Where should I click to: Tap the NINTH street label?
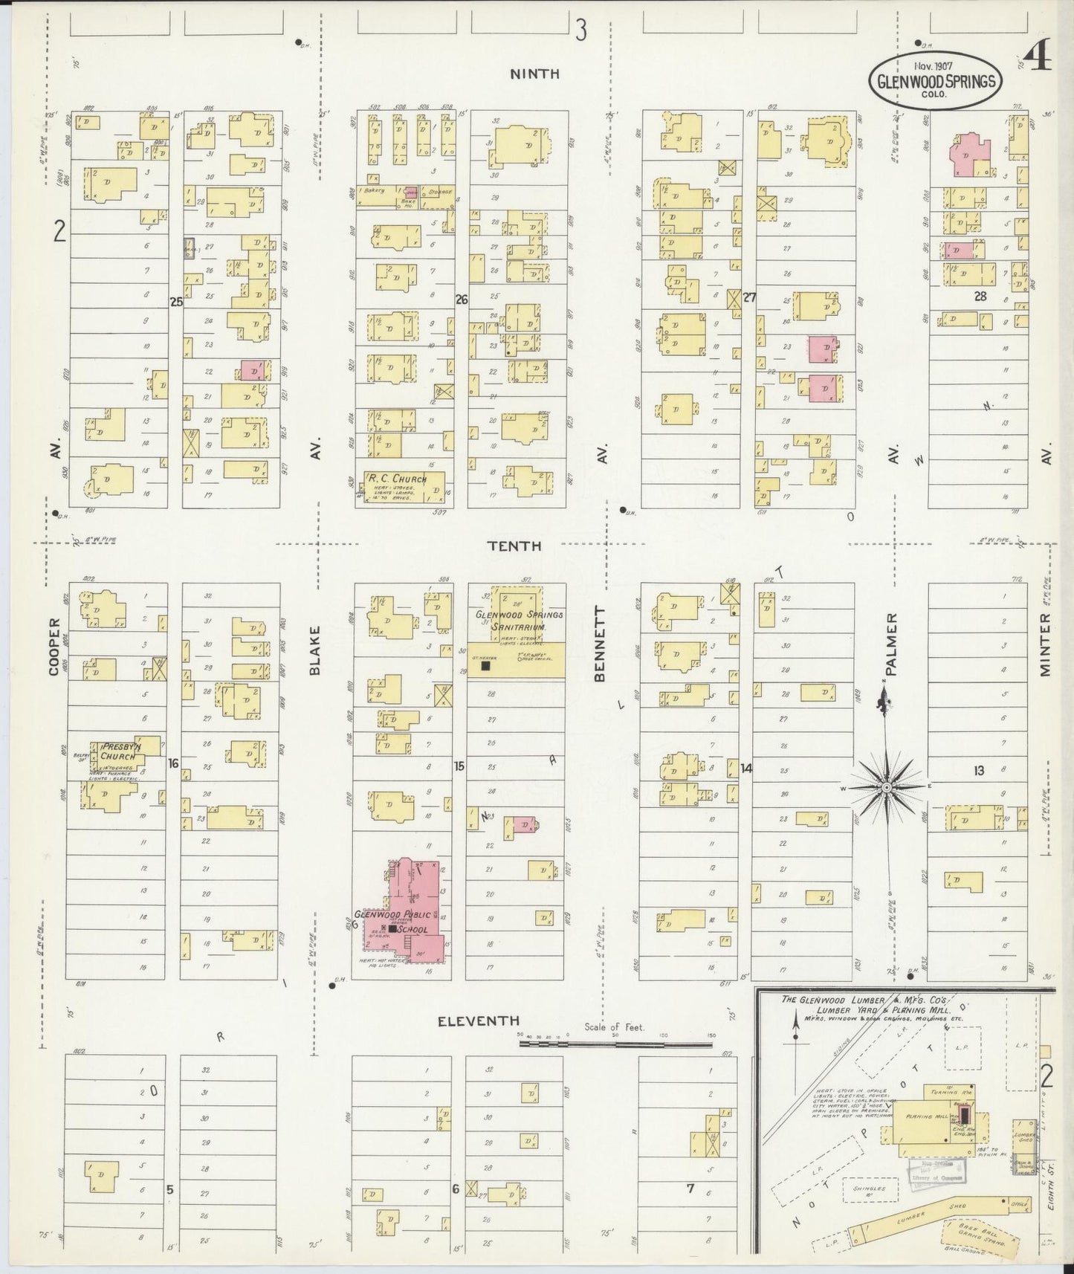535,74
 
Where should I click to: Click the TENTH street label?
514,546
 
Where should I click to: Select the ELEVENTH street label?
478,1021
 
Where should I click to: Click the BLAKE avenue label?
314,650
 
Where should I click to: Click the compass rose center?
887,786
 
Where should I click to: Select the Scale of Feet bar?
617,1043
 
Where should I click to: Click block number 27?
750,297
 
